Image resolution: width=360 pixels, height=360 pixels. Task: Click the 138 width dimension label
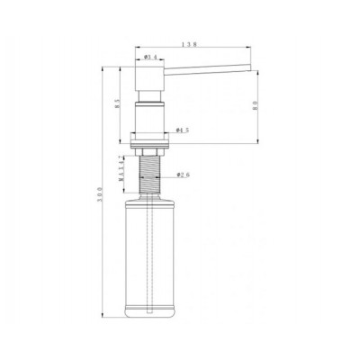pos(189,42)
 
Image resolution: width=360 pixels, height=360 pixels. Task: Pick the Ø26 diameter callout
pos(181,175)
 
